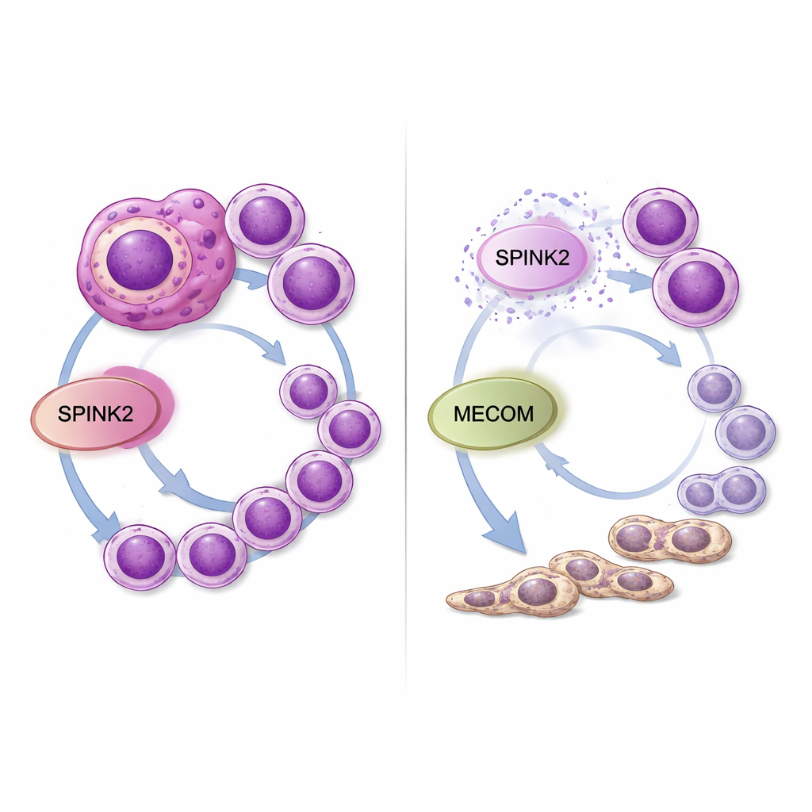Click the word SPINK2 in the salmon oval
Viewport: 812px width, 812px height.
(x=95, y=414)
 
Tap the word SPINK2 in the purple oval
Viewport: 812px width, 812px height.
(x=532, y=258)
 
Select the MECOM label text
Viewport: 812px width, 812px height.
(x=493, y=414)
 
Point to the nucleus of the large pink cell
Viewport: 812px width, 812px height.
(x=140, y=260)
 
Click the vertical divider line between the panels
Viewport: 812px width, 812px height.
(x=405, y=404)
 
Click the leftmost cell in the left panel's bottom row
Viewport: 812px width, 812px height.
(x=140, y=557)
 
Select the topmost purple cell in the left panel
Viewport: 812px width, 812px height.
(x=265, y=220)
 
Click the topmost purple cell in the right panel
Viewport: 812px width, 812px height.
(x=661, y=223)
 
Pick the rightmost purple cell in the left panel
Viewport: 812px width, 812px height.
(x=349, y=429)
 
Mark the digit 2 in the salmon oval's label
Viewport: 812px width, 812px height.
(x=128, y=414)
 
